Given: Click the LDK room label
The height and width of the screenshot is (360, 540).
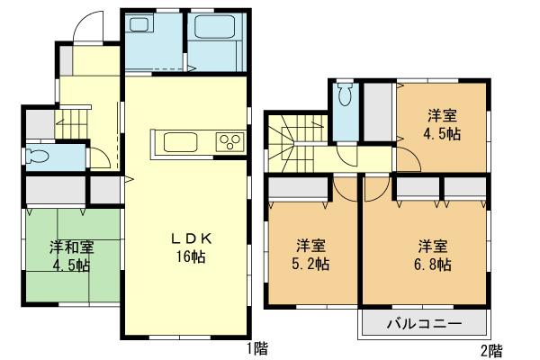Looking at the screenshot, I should click(x=192, y=238).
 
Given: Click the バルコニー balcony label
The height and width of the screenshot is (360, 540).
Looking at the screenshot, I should click(x=426, y=323).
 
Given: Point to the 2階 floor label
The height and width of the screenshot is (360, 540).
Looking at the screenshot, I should click(x=490, y=348).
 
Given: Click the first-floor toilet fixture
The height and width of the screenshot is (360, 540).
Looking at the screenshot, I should click(x=40, y=156).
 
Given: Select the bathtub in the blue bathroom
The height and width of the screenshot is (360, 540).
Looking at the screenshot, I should click(x=215, y=40).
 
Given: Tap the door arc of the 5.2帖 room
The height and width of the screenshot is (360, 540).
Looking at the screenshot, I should click(x=345, y=188).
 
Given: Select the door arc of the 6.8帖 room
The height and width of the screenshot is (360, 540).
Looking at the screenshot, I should click(x=376, y=188).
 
